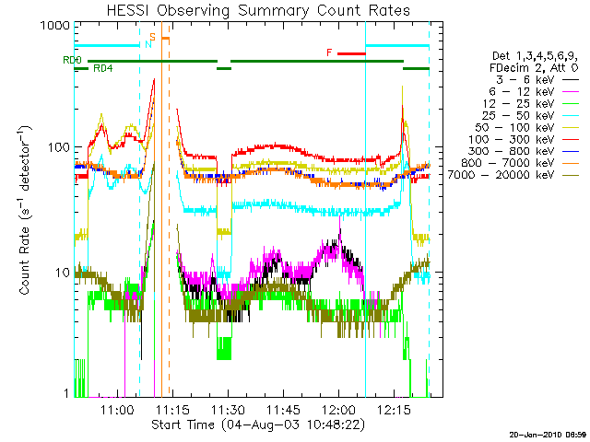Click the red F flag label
[329, 52]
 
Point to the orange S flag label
[153, 37]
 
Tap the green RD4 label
[103, 69]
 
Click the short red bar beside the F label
[351, 53]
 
